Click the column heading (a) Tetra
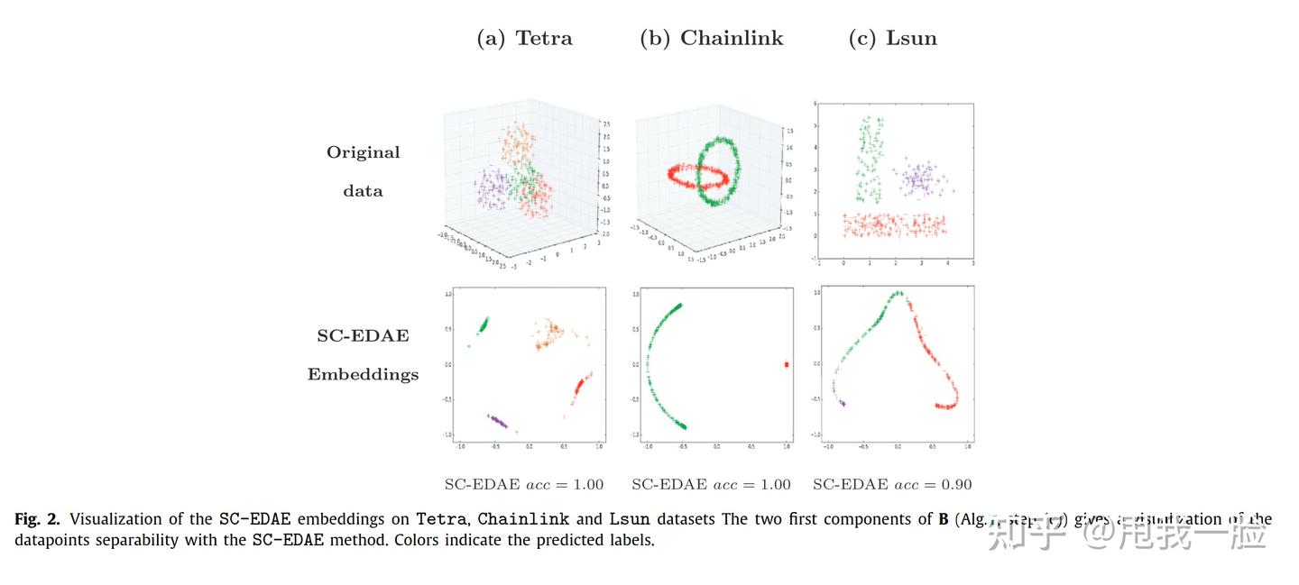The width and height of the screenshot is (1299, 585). pos(524,38)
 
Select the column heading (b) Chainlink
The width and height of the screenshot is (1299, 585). pos(711,38)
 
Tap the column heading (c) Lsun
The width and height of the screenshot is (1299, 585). pos(892,38)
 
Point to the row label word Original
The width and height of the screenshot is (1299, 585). pos(363,152)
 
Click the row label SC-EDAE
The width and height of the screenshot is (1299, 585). pos(363,335)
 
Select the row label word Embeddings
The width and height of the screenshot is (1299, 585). pos(363,374)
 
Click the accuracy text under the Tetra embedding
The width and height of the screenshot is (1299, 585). pos(523,484)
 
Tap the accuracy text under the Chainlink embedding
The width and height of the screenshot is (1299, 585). pos(711,484)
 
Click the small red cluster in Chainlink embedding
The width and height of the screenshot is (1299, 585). pos(787,364)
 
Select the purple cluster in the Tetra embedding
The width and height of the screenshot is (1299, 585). pos(496,420)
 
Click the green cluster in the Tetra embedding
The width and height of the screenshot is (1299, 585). pos(482,325)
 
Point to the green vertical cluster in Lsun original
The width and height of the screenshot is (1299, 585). pos(870,158)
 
